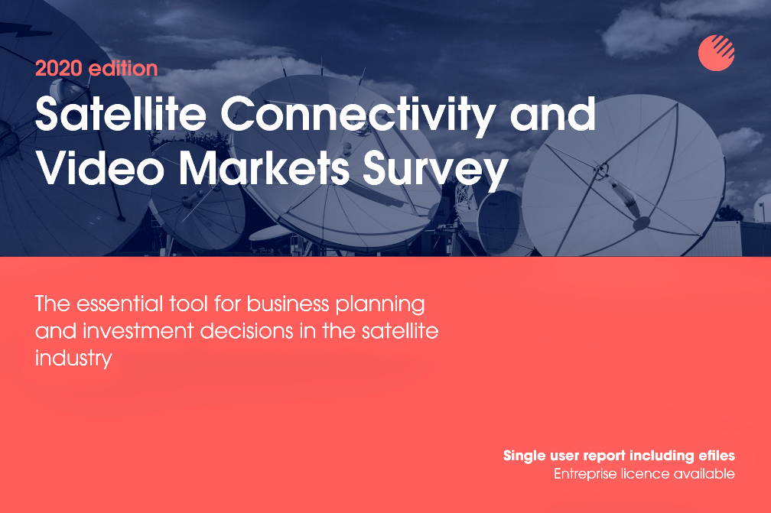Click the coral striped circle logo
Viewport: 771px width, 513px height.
pos(717,53)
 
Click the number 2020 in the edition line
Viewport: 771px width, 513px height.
pos(58,68)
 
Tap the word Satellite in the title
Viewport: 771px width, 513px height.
pos(121,113)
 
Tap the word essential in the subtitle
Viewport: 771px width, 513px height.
pos(119,304)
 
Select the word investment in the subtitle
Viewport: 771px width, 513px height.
pos(138,331)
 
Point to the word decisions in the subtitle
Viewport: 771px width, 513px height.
pos(247,331)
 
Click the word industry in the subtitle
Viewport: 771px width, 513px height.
pos(73,359)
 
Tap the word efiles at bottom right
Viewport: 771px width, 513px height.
pos(717,456)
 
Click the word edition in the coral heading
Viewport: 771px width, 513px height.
pos(123,68)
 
